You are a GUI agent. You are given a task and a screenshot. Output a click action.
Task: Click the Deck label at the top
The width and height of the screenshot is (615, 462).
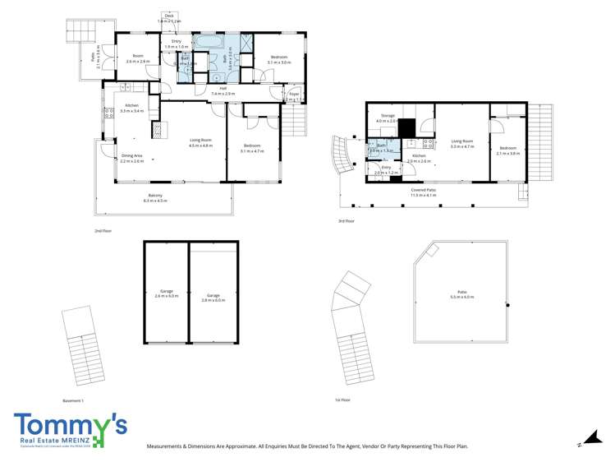[169, 16]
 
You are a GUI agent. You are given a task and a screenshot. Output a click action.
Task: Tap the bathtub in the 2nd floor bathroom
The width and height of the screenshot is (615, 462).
[205, 39]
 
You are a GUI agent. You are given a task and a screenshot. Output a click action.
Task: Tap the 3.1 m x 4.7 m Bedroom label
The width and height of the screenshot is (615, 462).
[252, 147]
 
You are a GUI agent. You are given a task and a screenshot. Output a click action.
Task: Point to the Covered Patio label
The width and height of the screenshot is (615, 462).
[424, 190]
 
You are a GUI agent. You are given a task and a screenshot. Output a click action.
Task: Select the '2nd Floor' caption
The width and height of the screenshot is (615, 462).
[103, 232]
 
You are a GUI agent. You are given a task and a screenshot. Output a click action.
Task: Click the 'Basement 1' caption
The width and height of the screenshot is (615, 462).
[74, 400]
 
